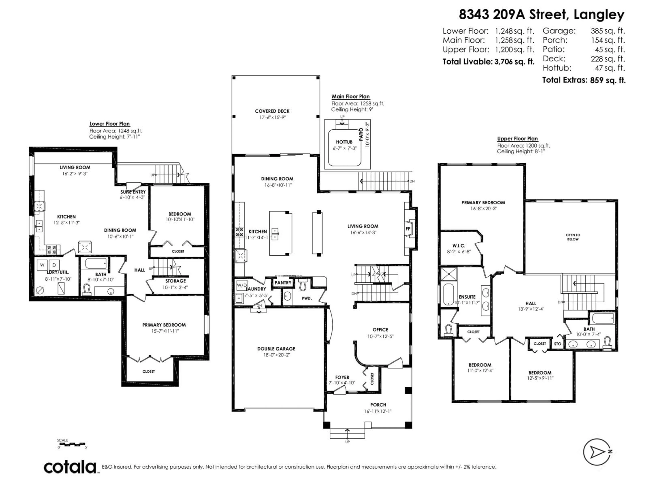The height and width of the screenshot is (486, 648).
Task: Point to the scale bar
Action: [72, 444]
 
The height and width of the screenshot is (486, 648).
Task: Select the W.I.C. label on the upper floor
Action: [458, 246]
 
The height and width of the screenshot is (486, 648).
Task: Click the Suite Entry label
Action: [133, 192]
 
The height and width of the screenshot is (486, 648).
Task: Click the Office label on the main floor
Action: [380, 330]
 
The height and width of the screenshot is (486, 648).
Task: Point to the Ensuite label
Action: [467, 297]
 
